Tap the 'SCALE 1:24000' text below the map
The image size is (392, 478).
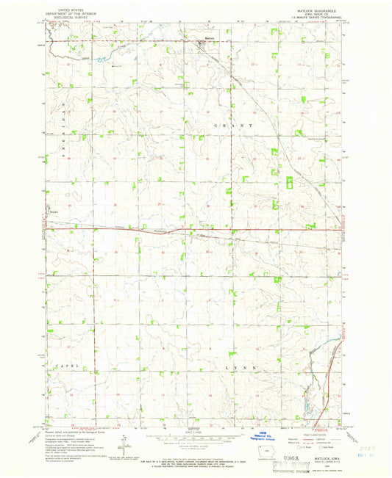pos(193,429)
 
